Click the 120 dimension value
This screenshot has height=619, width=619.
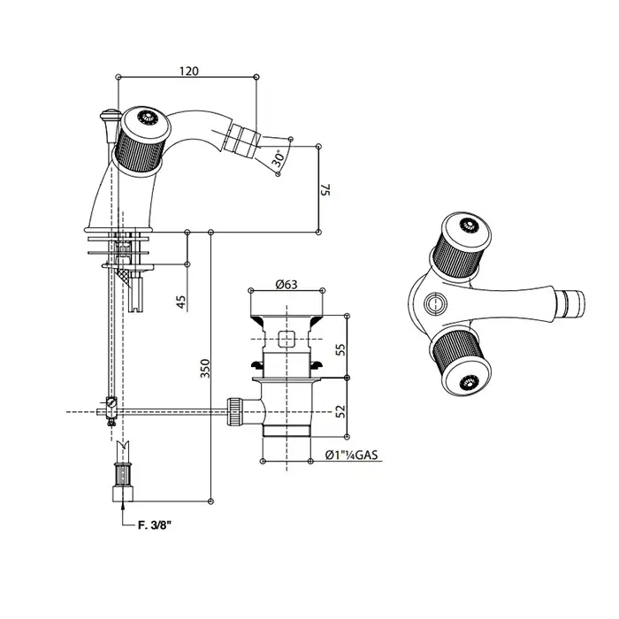click(189, 71)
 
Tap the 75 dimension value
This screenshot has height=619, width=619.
click(325, 189)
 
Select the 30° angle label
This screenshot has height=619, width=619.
click(279, 157)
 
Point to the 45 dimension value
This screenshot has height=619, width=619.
click(180, 302)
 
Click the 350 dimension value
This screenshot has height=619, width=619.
click(205, 369)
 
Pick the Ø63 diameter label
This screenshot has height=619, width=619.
click(287, 284)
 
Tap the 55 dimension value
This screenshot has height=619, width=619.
click(340, 349)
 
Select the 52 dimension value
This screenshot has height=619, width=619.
click(340, 411)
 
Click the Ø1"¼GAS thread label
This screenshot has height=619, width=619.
click(351, 455)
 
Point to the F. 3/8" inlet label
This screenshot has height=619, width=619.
click(155, 524)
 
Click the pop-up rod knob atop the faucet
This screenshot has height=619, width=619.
click(110, 116)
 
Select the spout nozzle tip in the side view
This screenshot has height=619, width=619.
click(241, 140)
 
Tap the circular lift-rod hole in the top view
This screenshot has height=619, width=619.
click(436, 303)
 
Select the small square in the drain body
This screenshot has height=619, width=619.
click(287, 339)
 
